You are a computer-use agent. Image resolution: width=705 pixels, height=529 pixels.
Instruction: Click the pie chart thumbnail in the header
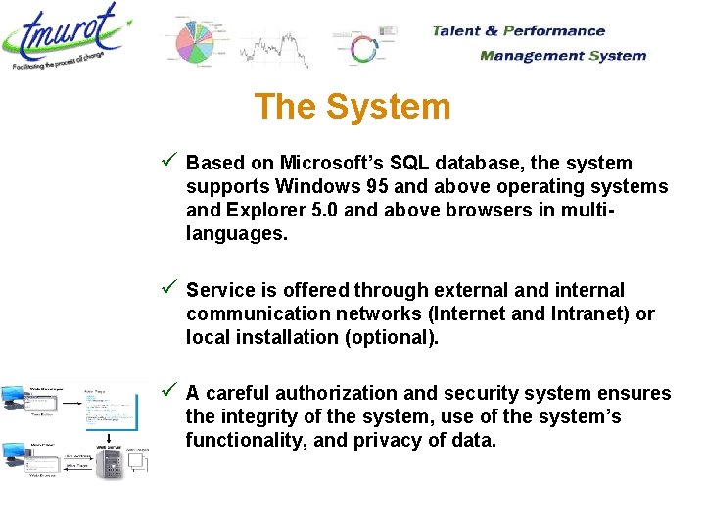click(200, 43)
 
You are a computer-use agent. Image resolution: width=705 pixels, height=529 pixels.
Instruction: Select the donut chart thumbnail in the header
click(363, 49)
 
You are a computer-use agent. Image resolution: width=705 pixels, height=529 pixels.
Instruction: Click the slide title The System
click(352, 106)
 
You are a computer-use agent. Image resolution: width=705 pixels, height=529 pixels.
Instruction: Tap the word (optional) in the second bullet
click(393, 337)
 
